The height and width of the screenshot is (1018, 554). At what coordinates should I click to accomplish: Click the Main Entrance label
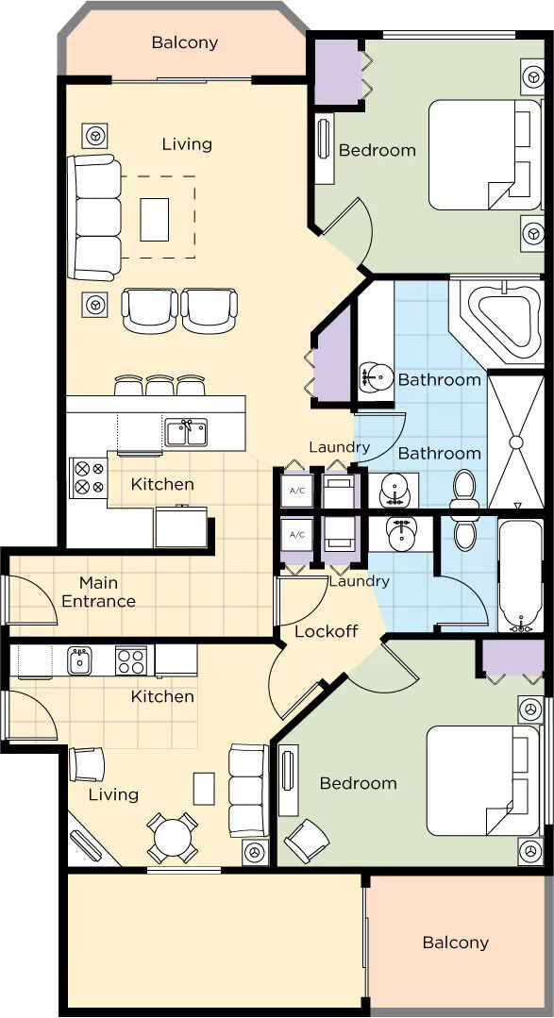click(98, 592)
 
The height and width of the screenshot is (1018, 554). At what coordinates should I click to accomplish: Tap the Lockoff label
click(326, 631)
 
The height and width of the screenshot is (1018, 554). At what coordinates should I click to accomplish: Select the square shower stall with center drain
click(515, 442)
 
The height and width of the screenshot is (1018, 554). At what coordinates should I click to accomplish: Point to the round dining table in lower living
click(172, 837)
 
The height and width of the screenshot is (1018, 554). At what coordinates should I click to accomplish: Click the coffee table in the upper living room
click(155, 220)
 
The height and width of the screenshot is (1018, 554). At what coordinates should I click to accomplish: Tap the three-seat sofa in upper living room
click(94, 218)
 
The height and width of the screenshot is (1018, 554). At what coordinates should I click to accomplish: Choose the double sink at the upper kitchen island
click(186, 432)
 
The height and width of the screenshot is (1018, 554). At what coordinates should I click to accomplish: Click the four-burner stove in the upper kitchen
click(89, 477)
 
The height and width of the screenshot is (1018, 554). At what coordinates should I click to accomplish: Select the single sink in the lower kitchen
click(79, 660)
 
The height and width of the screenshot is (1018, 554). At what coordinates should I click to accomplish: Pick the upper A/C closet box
click(296, 491)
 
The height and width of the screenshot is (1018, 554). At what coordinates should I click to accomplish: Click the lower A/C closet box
click(296, 535)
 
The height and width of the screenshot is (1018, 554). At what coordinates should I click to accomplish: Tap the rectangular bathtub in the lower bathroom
click(520, 576)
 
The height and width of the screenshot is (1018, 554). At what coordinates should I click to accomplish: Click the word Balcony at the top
click(184, 42)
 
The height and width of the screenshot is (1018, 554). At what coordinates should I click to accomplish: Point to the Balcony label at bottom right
click(455, 943)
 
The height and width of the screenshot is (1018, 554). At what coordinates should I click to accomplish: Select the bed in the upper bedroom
click(485, 155)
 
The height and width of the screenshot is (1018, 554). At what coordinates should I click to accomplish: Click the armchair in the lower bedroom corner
click(306, 840)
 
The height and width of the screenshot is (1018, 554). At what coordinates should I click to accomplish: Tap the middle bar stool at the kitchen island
click(159, 385)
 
